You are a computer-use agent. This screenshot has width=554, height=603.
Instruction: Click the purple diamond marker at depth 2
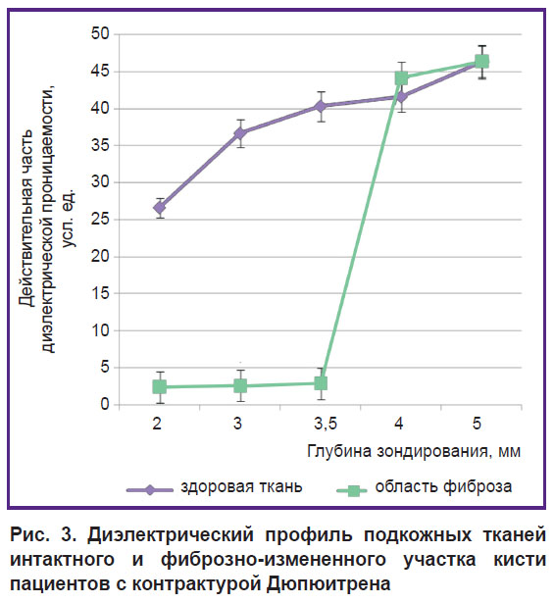pyautogui.click(x=160, y=208)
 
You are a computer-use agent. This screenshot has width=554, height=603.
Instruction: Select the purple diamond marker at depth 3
pyautogui.click(x=240, y=133)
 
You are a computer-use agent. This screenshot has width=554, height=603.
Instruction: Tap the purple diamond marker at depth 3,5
pyautogui.click(x=321, y=107)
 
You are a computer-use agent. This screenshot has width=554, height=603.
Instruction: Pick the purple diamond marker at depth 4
pyautogui.click(x=401, y=96)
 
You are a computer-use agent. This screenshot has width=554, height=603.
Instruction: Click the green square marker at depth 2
pyautogui.click(x=160, y=387)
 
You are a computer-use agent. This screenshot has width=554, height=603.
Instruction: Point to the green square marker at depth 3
pyautogui.click(x=240, y=385)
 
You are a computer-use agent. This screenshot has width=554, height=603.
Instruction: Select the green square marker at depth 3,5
pyautogui.click(x=321, y=383)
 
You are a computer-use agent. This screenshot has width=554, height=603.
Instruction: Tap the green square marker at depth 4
pyautogui.click(x=401, y=78)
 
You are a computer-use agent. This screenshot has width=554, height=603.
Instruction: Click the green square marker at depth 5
pyautogui.click(x=482, y=61)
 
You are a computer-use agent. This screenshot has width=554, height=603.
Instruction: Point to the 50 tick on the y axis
pyautogui.click(x=100, y=34)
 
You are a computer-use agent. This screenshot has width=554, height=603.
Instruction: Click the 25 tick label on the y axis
pyautogui.click(x=100, y=220)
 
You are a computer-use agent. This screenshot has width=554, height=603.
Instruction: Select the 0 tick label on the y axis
pyautogui.click(x=105, y=405)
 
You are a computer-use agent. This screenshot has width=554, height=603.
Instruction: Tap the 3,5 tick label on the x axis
pyautogui.click(x=326, y=424)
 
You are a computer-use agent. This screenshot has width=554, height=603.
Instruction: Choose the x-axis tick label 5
pyautogui.click(x=477, y=424)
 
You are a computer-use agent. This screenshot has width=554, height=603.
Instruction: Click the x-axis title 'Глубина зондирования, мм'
pyautogui.click(x=414, y=451)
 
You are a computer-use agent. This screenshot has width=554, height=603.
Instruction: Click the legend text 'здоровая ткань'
pyautogui.click(x=241, y=487)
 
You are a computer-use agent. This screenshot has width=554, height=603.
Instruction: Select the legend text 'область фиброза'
pyautogui.click(x=443, y=487)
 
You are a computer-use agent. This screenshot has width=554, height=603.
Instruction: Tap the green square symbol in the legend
pyautogui.click(x=353, y=490)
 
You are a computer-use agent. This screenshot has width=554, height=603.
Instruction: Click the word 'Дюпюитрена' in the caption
pyautogui.click(x=328, y=584)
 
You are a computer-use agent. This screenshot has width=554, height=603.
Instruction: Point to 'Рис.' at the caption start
pyautogui.click(x=29, y=535)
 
